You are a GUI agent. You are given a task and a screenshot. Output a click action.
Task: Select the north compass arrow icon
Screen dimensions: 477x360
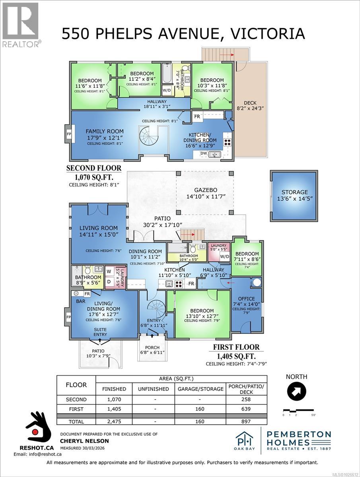click(296, 392)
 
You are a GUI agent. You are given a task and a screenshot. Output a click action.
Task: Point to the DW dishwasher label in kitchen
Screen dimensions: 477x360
click(203, 153)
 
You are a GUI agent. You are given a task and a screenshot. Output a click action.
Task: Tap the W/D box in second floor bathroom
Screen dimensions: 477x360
click(167, 90)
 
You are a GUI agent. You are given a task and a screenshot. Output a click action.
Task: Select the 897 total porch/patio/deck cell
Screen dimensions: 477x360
click(246, 421)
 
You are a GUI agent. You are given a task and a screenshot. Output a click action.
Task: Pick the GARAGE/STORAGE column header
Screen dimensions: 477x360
click(200, 389)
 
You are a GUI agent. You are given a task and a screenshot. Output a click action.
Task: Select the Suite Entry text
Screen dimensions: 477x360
click(100, 332)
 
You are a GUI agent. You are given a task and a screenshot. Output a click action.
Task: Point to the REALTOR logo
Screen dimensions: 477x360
click(20, 23)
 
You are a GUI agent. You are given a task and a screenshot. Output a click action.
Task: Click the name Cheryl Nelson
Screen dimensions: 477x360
click(84, 441)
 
